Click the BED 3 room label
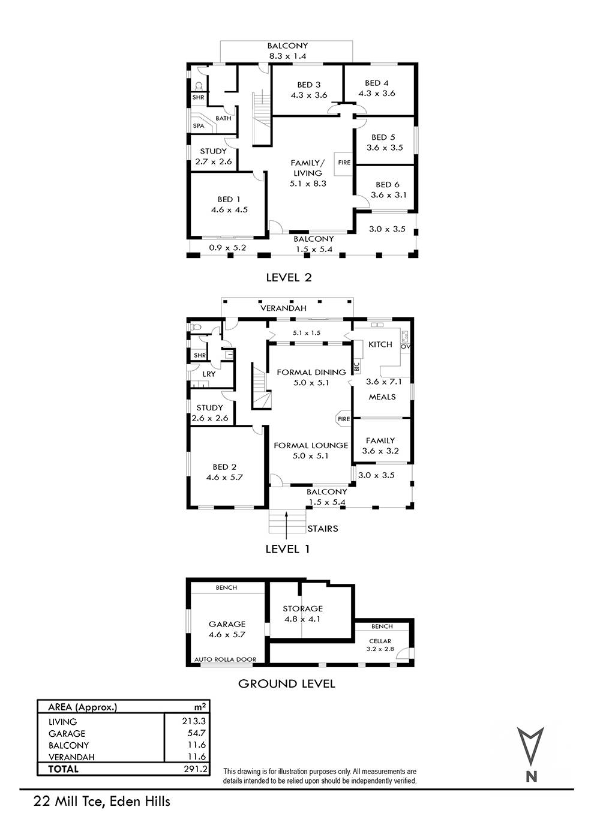coord(308,85)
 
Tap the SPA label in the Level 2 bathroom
coord(199,125)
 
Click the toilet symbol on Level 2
coord(199,86)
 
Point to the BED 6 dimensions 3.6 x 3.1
coord(388,195)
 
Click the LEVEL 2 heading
coord(289,277)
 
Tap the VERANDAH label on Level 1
coord(283,308)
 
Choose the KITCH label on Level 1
coord(380,344)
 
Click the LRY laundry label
coord(208,374)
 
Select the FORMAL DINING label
coord(311,372)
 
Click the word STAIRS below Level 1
coord(322,529)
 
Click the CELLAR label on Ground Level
coord(380,641)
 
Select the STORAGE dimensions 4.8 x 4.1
coord(302,619)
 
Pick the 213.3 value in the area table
coord(194,721)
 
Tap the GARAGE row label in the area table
coord(67,733)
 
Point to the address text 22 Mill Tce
coord(72,802)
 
